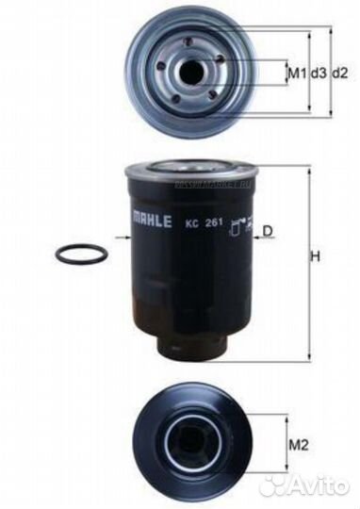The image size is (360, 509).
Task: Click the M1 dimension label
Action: point(296,72)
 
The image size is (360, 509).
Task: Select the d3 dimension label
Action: point(318,72)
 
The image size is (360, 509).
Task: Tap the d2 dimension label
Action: point(340,72)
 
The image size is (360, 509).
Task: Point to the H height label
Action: point(317,257)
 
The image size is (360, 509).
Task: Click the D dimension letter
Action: point(268,231)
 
